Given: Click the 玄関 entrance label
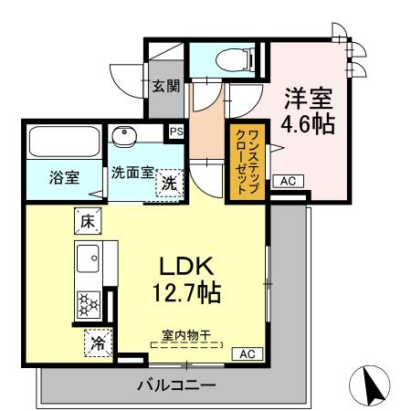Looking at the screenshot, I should pyautogui.click(x=165, y=88).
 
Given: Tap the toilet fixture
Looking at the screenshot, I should pyautogui.click(x=222, y=58).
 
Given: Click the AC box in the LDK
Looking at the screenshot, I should pyautogui.click(x=247, y=353).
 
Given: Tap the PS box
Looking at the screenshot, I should pyautogui.click(x=176, y=132).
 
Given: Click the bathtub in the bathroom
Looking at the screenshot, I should pyautogui.click(x=64, y=142).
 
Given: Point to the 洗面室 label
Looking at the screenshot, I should pyautogui.click(x=131, y=172).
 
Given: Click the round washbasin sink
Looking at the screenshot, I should pyautogui.click(x=124, y=135).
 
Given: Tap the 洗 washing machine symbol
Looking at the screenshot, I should pyautogui.click(x=170, y=183).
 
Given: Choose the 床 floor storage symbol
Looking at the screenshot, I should pyautogui.click(x=88, y=220).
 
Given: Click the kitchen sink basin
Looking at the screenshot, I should pyautogui.click(x=89, y=259).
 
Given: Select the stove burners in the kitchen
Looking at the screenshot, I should pyautogui.click(x=90, y=302).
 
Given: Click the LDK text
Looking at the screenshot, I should pyautogui.click(x=186, y=267).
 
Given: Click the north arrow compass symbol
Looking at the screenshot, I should pyautogui.click(x=374, y=385).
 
